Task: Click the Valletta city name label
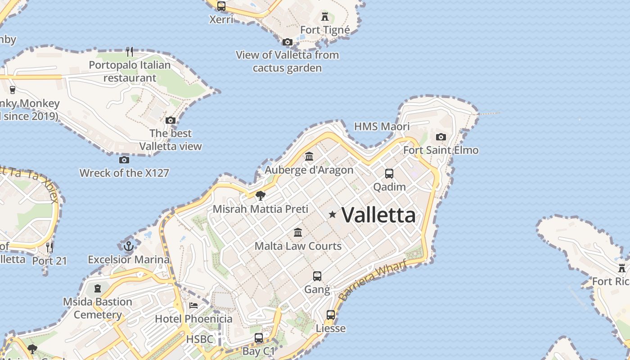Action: tap(378, 215)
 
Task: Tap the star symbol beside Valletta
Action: tap(333, 215)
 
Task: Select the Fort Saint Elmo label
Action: tap(441, 150)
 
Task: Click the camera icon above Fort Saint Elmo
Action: tap(441, 137)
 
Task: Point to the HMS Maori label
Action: tap(382, 126)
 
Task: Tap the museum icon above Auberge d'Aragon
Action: tap(309, 157)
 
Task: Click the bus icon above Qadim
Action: tap(389, 173)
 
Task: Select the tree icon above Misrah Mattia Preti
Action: tap(260, 195)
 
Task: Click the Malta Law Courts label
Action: tap(298, 246)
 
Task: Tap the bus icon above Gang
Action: tap(317, 276)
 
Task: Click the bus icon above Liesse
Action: tap(331, 315)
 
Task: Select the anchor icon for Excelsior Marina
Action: tap(129, 246)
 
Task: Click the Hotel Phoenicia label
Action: tap(193, 319)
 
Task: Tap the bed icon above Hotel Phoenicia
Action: tap(193, 306)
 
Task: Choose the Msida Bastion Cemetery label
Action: tap(98, 308)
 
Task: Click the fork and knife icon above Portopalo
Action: tap(130, 51)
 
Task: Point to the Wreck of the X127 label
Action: tap(124, 173)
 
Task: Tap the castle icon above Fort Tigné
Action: tap(325, 17)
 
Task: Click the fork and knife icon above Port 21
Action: tap(49, 247)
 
